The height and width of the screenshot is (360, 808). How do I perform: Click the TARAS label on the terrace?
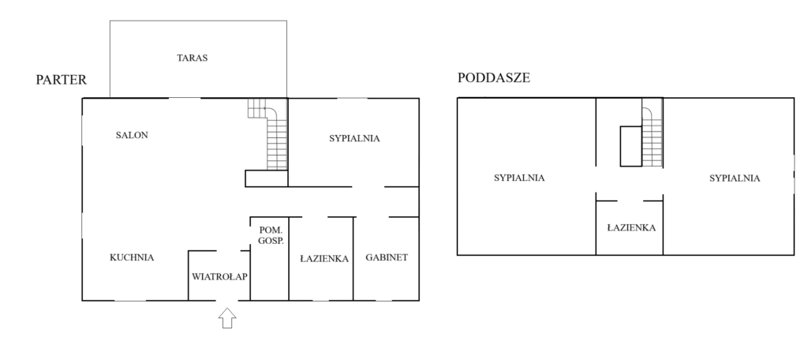tap(193, 58)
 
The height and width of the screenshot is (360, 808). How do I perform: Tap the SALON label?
tap(132, 135)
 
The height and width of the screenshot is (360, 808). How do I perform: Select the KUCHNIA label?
tap(132, 257)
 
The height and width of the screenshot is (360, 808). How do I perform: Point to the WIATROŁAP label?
tap(219, 276)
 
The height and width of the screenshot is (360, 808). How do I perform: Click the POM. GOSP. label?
tap(271, 235)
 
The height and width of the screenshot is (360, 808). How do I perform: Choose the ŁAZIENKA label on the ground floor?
tap(324, 259)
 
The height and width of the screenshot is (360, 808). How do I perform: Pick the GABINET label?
tap(387, 257)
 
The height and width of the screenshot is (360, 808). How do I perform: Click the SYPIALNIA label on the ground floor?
tap(354, 138)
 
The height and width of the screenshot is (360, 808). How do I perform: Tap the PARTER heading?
tap(62, 80)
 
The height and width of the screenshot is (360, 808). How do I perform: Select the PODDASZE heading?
tap(494, 78)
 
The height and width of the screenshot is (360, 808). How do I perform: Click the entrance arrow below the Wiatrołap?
tap(227, 317)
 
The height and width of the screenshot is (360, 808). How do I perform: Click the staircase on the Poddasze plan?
tap(653, 133)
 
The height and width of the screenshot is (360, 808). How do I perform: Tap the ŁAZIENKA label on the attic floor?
tap(631, 227)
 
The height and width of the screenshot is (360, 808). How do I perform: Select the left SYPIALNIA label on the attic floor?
tap(519, 178)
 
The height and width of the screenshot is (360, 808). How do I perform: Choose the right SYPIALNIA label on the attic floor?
tap(735, 178)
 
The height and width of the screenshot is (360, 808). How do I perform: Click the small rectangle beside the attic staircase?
tap(630, 146)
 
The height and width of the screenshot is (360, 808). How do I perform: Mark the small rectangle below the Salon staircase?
tap(267, 178)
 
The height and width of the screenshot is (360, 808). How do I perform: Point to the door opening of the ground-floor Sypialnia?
tap(368, 186)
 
